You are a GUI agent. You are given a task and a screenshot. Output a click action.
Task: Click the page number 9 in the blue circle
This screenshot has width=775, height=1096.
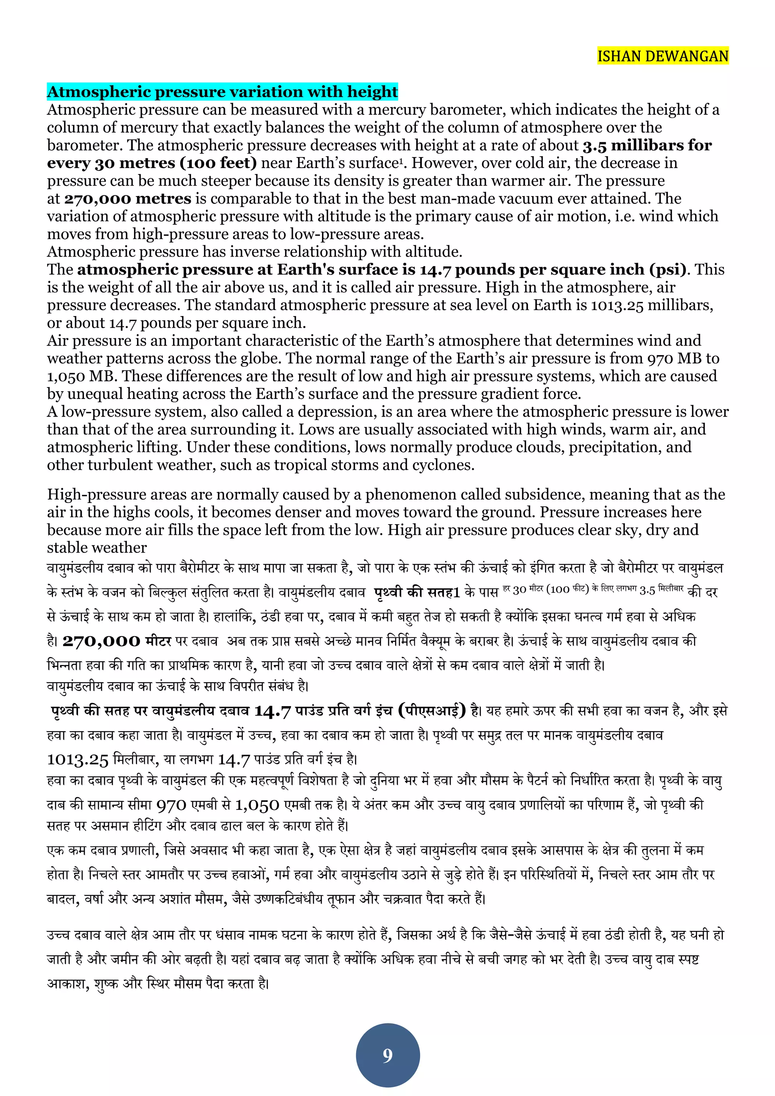(x=387, y=1056)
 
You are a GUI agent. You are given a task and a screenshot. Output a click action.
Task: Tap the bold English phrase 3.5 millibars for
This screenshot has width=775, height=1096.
(x=647, y=145)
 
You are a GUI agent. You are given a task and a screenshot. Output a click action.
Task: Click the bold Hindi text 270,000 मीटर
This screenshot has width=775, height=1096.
(x=117, y=641)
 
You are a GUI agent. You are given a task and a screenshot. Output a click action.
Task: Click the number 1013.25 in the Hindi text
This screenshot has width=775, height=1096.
(x=78, y=759)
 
